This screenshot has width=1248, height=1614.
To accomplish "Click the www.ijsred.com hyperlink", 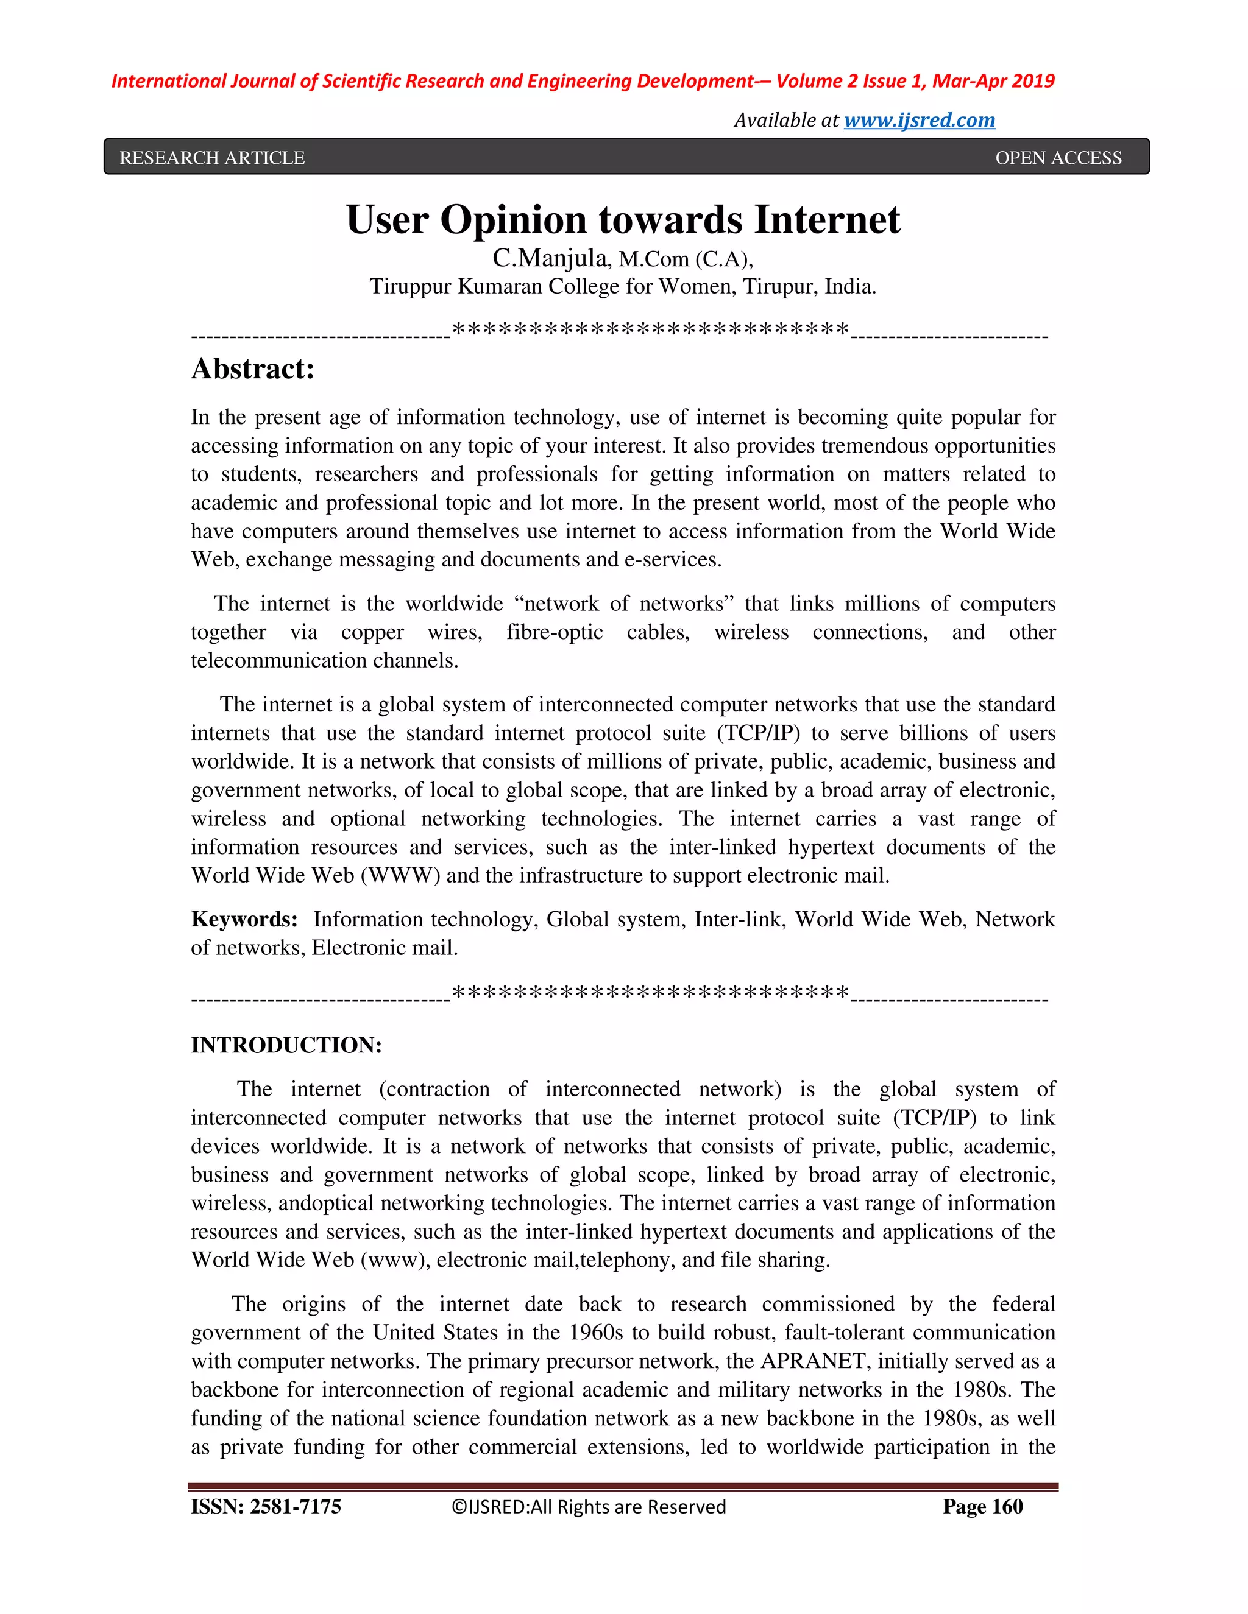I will tap(919, 120).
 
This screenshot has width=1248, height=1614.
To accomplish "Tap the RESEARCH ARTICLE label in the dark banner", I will tap(212, 157).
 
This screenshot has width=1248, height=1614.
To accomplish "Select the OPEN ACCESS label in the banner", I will tap(1058, 157).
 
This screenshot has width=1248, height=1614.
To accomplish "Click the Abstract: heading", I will tap(253, 368).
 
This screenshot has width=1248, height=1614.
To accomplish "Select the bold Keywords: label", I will tap(244, 918).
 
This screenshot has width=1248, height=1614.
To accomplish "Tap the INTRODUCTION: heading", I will tap(286, 1045).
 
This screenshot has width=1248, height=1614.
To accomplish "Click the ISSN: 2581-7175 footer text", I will tap(266, 1506).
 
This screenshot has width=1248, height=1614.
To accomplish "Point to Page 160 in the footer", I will tap(982, 1506).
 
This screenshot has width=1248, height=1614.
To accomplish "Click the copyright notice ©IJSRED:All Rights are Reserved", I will tap(589, 1507).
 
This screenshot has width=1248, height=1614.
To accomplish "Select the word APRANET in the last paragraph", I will tap(814, 1361).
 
